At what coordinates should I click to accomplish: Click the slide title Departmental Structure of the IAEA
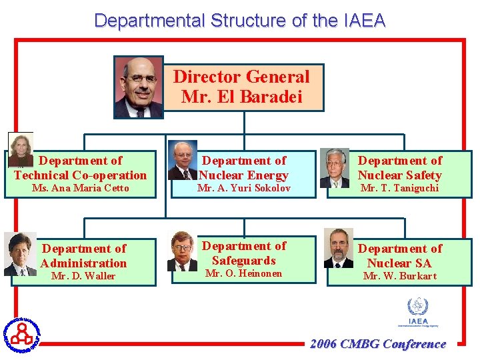(240, 21)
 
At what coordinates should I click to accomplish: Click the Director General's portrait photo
(139, 87)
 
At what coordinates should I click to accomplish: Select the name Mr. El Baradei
(242, 97)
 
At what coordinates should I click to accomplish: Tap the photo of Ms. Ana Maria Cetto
(20, 149)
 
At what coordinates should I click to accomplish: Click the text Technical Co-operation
(81, 175)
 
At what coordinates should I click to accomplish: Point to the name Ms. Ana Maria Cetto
(81, 188)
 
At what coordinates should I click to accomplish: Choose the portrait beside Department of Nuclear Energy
(182, 160)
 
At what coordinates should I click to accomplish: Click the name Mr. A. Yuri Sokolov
(244, 188)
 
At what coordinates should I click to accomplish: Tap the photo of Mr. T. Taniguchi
(335, 167)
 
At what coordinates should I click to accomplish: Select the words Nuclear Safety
(400, 175)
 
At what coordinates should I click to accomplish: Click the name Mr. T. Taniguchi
(400, 188)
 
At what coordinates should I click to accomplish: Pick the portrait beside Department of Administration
(20, 254)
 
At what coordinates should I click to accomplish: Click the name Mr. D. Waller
(83, 276)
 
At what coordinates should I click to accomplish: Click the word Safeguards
(244, 261)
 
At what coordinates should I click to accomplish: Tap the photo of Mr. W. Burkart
(339, 248)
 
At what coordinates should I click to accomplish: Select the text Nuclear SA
(400, 263)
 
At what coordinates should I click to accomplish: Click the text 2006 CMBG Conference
(378, 344)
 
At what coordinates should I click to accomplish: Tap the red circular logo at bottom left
(22, 333)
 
